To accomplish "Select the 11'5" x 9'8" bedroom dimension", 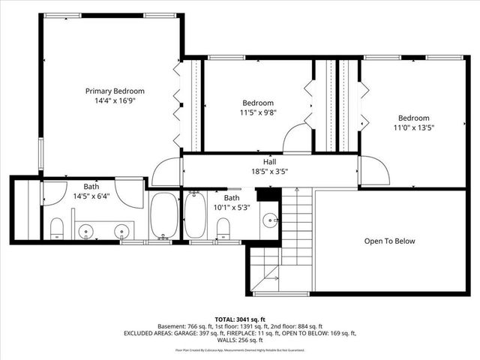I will [258, 112].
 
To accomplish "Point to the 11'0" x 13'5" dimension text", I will [413, 127].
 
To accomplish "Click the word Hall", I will [269, 161].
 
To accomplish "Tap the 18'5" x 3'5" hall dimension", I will [269, 171].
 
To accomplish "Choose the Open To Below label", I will [389, 241].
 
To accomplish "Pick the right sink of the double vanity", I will [121, 231].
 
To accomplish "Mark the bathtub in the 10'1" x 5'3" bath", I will [196, 217].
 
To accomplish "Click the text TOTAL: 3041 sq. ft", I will [239, 318].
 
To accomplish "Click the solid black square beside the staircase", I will [267, 194].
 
